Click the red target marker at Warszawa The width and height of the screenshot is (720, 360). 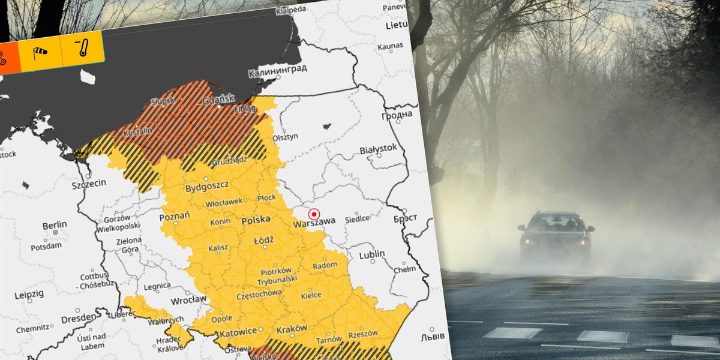pos(314,214)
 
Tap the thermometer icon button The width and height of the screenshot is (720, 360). pos(83,48)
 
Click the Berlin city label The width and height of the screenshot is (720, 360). pos(55,225)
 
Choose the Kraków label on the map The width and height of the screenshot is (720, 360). pos(292,328)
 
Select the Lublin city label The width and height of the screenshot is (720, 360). pos(372,254)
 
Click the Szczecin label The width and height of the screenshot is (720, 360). pos(88,184)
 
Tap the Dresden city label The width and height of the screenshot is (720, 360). pos(77,317)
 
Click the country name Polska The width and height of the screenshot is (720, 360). pos(256,221)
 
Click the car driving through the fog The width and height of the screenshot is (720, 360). pos(556,235)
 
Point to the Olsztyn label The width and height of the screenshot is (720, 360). pos(285,136)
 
